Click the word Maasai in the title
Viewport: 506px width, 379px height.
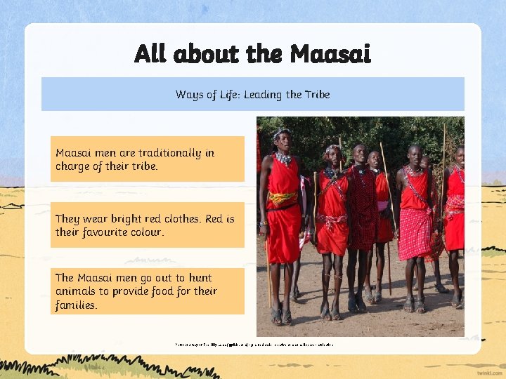tap(330, 53)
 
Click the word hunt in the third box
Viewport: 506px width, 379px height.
tap(200, 278)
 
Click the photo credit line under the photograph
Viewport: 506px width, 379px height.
tap(254, 345)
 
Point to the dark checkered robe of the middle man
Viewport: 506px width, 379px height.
tap(363, 211)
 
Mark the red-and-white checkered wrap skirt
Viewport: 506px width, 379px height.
tap(415, 232)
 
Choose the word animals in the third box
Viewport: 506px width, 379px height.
tap(77, 291)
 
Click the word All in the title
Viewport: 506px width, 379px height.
tap(150, 53)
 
